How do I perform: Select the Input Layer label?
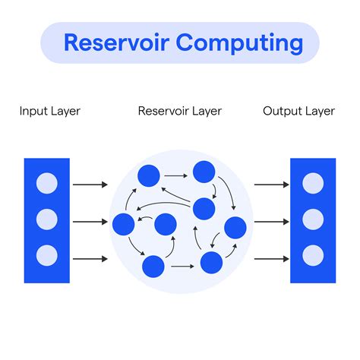point(49,112)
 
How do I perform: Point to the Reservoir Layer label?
point(179,112)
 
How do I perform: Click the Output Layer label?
point(298,112)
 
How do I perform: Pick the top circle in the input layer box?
point(47,183)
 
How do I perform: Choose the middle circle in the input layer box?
point(47,219)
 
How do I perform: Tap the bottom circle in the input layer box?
point(47,255)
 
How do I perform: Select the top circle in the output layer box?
point(313,183)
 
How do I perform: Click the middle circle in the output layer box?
point(313,219)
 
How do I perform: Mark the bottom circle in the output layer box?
point(313,255)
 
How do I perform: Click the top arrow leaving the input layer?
point(90,185)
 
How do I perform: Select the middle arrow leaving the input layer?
point(90,223)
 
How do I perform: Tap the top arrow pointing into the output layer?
point(270,185)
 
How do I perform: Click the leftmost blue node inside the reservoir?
point(123,224)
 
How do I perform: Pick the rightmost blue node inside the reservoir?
point(235,226)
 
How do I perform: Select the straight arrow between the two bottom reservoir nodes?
point(182,267)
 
